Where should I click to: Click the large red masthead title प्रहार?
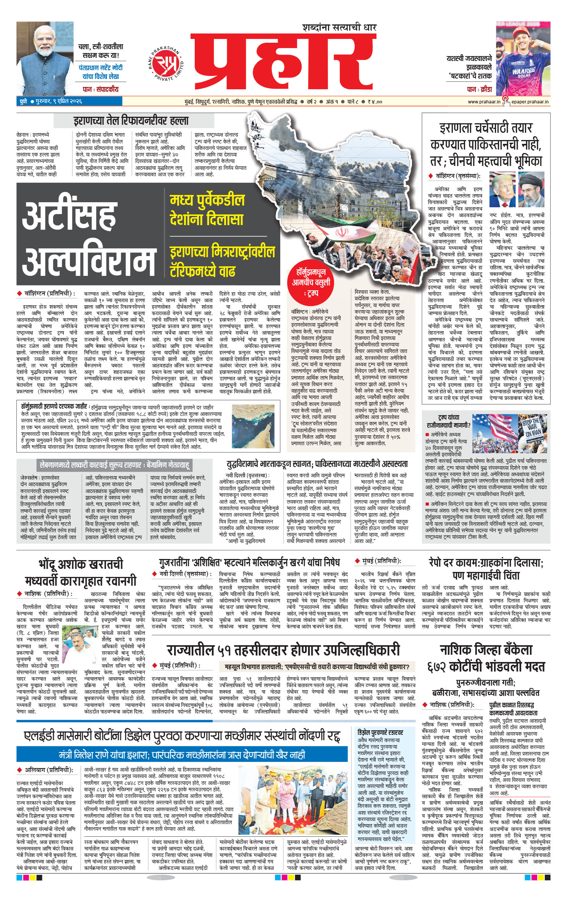tap(283, 61)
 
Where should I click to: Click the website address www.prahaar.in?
tap(484, 102)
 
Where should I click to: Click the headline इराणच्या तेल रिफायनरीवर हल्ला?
tap(131, 121)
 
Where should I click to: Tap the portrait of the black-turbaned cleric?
tap(531, 190)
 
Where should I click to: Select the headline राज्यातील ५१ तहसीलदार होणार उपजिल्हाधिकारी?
tap(283, 650)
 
